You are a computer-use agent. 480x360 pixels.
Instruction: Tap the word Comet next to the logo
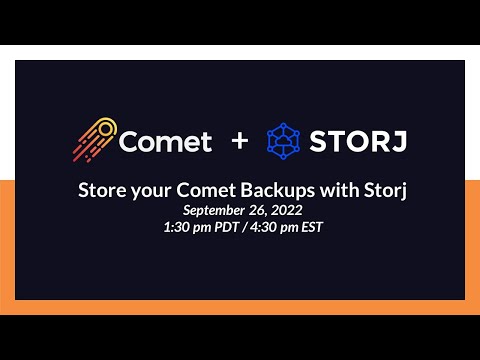(165, 141)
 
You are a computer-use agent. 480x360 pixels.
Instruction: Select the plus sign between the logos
(239, 141)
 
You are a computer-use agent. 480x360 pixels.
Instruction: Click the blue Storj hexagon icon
(284, 141)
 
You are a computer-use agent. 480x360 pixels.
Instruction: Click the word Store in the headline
(101, 192)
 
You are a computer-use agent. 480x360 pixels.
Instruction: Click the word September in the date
(213, 210)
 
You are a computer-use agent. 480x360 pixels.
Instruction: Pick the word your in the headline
(151, 192)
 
